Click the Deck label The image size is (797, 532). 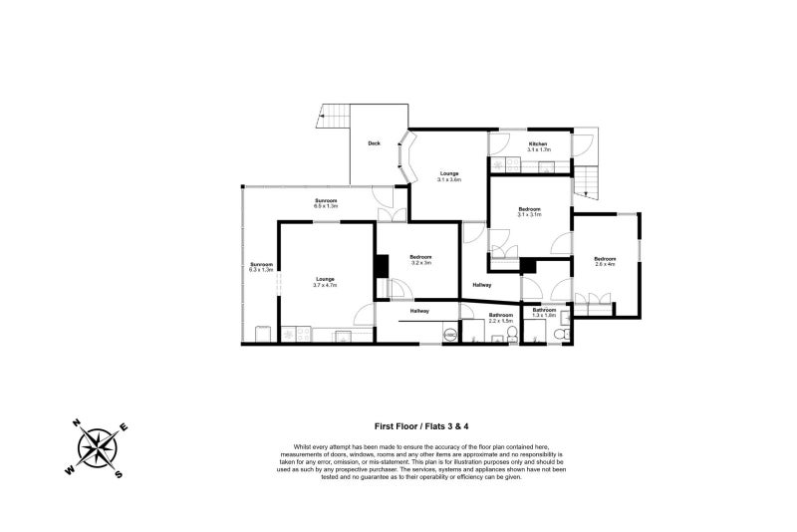click(x=374, y=143)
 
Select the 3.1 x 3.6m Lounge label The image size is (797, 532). click(x=449, y=176)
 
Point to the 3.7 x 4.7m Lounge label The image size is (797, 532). click(x=325, y=281)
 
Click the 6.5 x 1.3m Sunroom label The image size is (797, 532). click(x=327, y=204)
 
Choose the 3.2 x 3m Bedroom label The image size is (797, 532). click(x=420, y=260)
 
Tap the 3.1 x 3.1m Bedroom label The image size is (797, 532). click(x=529, y=211)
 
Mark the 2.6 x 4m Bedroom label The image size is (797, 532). click(x=606, y=261)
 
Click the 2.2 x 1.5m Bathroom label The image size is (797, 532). click(x=500, y=319)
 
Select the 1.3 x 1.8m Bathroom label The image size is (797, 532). click(x=544, y=312)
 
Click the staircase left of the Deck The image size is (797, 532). click(x=333, y=118)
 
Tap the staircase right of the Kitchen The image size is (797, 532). click(x=591, y=179)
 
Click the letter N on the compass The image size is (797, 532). click(x=76, y=423)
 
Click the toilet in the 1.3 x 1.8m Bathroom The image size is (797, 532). click(x=564, y=320)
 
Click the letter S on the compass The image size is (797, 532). click(x=119, y=472)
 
